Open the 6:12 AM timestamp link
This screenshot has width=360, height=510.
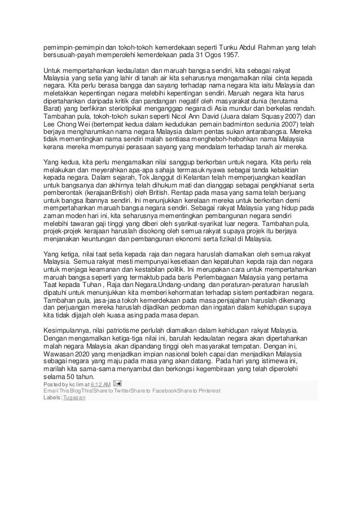98,384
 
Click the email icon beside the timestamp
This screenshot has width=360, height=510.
117,384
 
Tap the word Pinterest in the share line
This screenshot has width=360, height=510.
206,391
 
